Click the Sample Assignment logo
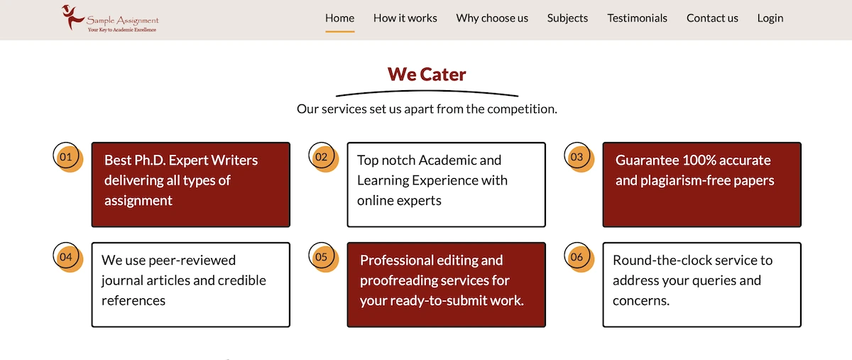click(x=110, y=19)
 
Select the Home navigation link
click(x=339, y=18)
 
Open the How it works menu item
click(x=405, y=18)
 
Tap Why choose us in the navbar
click(x=492, y=18)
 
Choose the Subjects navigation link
click(x=567, y=18)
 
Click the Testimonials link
click(x=637, y=18)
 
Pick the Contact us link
click(x=712, y=18)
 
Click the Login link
click(x=770, y=18)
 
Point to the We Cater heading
click(x=427, y=74)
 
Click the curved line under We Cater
click(x=427, y=92)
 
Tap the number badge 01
click(x=67, y=157)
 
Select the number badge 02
click(x=322, y=157)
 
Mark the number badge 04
click(x=67, y=257)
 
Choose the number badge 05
click(x=322, y=257)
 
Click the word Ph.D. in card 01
click(x=149, y=160)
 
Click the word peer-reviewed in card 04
click(x=192, y=260)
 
